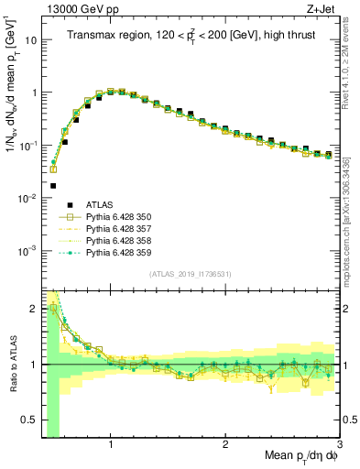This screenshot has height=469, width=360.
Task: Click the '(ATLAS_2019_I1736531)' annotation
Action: click(191, 274)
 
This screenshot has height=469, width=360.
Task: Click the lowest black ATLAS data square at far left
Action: click(53, 184)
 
